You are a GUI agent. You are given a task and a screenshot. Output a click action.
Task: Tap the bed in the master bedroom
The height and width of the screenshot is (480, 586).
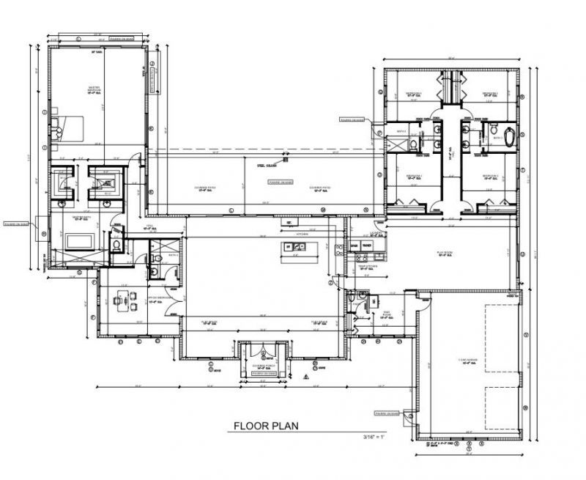(67, 130)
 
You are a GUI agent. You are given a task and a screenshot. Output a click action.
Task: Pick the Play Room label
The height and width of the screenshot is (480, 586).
(447, 252)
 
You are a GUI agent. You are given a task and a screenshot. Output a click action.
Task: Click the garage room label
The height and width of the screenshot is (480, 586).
(468, 360)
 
